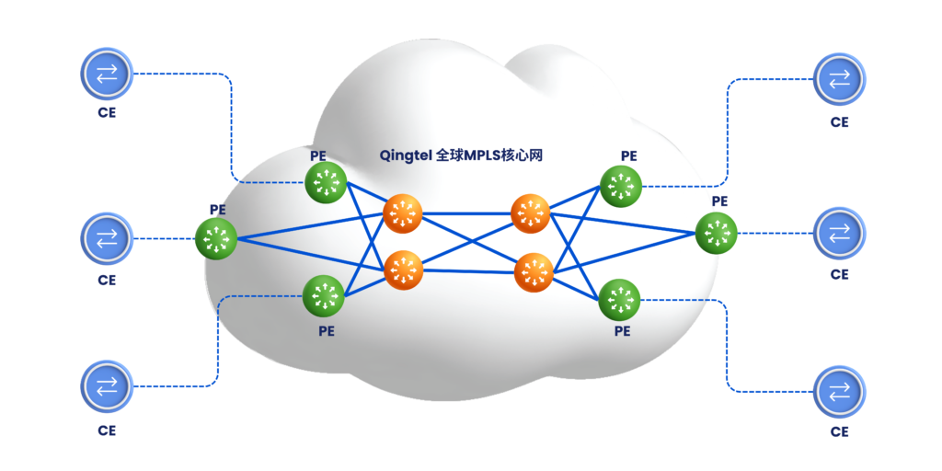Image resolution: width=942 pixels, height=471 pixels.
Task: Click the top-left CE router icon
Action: pyautogui.click(x=108, y=75)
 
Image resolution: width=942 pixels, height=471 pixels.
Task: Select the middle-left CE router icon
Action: pyautogui.click(x=108, y=238)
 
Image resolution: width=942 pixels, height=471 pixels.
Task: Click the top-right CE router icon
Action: pyautogui.click(x=839, y=80)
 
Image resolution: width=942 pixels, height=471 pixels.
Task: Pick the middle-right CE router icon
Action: pyautogui.click(x=839, y=232)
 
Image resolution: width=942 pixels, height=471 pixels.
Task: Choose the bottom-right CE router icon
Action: pyautogui.click(x=839, y=391)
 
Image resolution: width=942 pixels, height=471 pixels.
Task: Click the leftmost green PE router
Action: pyautogui.click(x=216, y=238)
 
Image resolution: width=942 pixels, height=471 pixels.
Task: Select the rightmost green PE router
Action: pyautogui.click(x=717, y=233)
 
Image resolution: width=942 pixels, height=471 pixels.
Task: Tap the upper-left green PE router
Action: pyautogui.click(x=325, y=183)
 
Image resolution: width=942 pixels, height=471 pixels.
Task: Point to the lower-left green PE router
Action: pyautogui.click(x=324, y=295)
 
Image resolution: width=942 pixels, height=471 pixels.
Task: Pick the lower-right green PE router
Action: pyautogui.click(x=619, y=299)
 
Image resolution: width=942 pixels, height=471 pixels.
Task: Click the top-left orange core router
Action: pyautogui.click(x=402, y=214)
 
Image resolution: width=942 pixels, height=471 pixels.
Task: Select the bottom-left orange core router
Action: pyautogui.click(x=402, y=270)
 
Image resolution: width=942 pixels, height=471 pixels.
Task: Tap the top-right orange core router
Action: pyautogui.click(x=531, y=214)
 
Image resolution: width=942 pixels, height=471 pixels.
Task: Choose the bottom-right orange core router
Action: pyautogui.click(x=534, y=270)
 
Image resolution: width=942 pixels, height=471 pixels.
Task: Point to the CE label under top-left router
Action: pyautogui.click(x=107, y=115)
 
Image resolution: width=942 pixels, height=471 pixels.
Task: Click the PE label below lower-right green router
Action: pyautogui.click(x=623, y=331)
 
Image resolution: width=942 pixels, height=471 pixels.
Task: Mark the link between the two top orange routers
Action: pyautogui.click(x=466, y=214)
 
